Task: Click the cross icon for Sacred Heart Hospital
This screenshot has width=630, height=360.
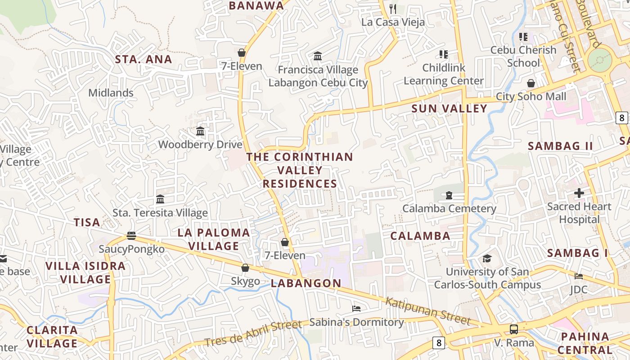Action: [x=579, y=193]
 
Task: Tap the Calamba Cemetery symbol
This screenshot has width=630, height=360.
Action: [x=449, y=195]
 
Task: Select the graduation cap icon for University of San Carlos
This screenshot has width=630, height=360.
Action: [x=487, y=258]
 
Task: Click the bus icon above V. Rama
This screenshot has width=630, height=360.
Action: [x=514, y=329]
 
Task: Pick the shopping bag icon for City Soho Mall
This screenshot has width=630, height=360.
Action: [x=531, y=83]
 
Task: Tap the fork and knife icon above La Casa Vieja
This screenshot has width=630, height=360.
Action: [x=393, y=9]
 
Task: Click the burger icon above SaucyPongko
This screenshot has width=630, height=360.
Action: [x=131, y=235]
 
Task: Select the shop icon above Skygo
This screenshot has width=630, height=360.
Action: [x=245, y=268]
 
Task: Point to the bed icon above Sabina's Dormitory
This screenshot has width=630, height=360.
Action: [x=356, y=309]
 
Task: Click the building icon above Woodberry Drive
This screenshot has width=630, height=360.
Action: [x=200, y=131]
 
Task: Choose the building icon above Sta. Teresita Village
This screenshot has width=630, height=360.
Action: [x=160, y=199]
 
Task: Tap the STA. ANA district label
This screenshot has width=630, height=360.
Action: [x=144, y=59]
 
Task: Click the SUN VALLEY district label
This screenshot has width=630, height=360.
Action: [x=449, y=108]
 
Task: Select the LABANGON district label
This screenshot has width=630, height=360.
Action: [x=306, y=283]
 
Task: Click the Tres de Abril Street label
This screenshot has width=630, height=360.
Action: [x=253, y=333]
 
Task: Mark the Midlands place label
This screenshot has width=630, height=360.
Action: [x=111, y=93]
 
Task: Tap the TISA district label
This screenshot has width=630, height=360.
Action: [x=87, y=222]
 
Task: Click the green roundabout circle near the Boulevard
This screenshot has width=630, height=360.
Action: [x=600, y=60]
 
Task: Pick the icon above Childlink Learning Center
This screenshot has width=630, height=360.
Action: [x=444, y=54]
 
